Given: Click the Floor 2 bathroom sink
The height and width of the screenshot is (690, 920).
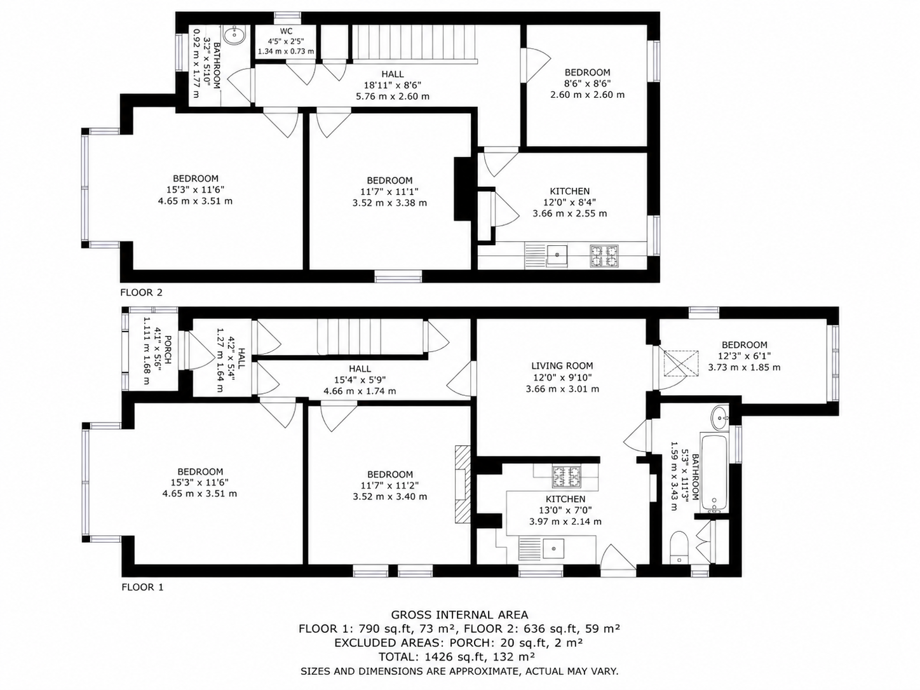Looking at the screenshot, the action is coord(234,35).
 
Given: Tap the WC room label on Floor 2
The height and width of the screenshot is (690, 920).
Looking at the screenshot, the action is coord(287,31).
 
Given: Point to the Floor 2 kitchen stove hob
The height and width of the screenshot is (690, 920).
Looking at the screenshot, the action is coord(604,256).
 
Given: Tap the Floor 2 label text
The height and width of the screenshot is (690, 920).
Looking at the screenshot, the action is coord(141,292).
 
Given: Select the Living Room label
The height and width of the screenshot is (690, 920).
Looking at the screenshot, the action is coord(562,366).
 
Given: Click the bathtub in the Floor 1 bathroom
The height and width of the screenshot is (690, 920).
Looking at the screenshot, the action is coord(714,473).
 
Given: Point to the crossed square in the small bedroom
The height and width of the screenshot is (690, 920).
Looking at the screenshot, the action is coord(680,363).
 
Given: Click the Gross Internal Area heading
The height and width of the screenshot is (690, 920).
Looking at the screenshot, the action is coord(459,614).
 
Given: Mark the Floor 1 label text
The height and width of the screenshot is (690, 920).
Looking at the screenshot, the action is coord(142,587).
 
